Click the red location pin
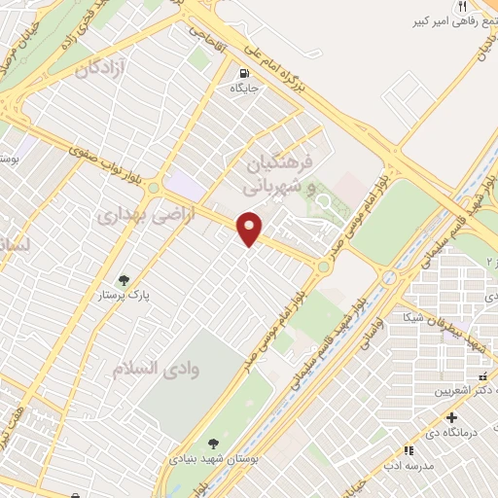tap(250, 229)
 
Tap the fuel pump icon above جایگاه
tap(242, 72)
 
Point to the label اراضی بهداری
tap(146, 217)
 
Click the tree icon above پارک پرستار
tap(124, 280)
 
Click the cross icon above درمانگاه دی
tap(449, 417)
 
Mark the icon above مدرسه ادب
tap(408, 450)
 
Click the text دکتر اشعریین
tap(444, 390)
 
